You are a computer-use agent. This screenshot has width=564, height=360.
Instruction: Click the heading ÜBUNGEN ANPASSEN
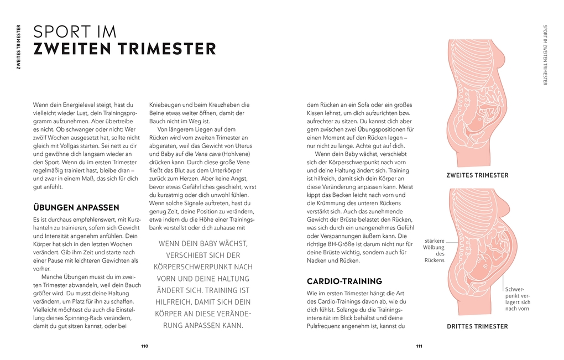pyautogui.click(x=76, y=208)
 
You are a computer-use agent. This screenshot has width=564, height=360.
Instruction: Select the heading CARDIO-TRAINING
pyautogui.click(x=344, y=281)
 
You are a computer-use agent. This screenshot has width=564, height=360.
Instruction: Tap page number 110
pyautogui.click(x=144, y=346)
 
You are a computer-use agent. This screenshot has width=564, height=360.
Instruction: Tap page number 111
pyautogui.click(x=419, y=346)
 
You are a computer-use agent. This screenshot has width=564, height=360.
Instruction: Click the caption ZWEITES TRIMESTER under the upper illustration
pyautogui.click(x=477, y=175)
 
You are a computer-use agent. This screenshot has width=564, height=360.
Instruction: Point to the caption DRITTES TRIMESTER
pyautogui.click(x=477, y=326)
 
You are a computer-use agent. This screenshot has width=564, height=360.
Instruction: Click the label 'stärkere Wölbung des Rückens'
pyautogui.click(x=434, y=251)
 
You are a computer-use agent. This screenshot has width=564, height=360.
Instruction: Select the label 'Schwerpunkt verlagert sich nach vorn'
pyautogui.click(x=518, y=299)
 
